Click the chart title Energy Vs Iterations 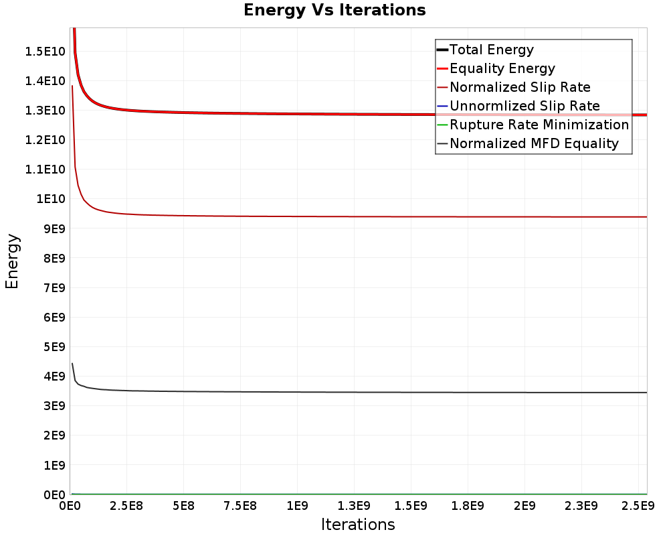click(334, 10)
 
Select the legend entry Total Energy click(492, 50)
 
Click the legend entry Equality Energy click(502, 68)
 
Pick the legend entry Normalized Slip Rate click(520, 87)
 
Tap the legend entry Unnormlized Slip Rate click(524, 106)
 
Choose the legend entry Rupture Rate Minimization click(539, 125)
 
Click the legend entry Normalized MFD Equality click(534, 143)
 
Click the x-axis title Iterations click(358, 524)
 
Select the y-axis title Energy click(11, 261)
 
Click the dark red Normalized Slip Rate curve click(334, 216)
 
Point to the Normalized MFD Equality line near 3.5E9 click(334, 392)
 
